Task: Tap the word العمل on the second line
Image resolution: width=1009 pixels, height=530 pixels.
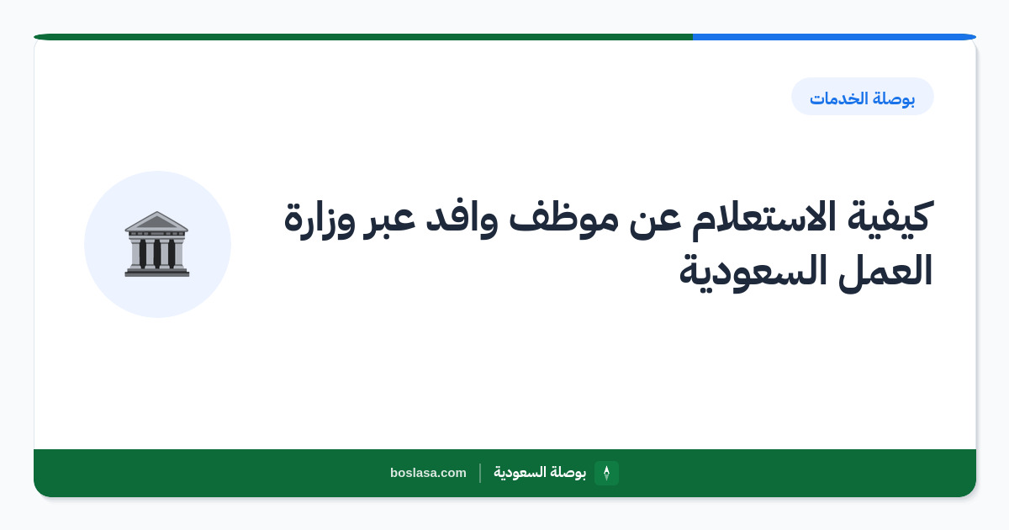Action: tap(885, 271)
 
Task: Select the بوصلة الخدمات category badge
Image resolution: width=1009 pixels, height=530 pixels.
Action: tap(863, 97)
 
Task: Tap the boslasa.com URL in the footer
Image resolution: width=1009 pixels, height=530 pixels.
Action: tap(428, 473)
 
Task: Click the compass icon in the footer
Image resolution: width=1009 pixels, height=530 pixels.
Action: tap(606, 473)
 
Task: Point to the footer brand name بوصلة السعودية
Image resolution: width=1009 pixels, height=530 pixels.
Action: tap(540, 472)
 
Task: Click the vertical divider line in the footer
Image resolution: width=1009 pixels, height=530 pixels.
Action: tap(480, 473)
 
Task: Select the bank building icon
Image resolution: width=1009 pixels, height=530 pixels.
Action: tap(156, 244)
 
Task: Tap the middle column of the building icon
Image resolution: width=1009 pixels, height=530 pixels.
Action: tap(156, 253)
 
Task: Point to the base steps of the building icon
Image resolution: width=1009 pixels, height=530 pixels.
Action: tap(156, 272)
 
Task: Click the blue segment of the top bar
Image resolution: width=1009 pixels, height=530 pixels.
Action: tap(834, 37)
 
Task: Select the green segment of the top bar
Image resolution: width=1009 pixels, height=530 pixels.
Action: tap(363, 37)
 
